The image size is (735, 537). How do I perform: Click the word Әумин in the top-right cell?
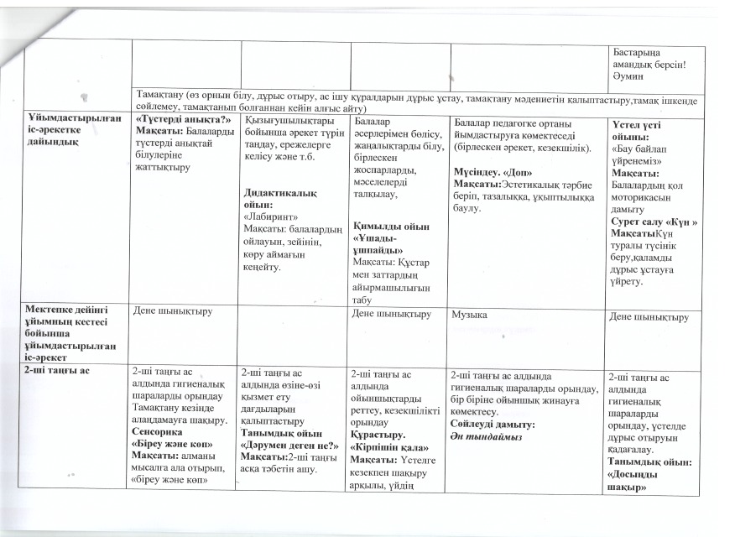coord(631,73)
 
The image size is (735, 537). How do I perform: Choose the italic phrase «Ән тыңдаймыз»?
coord(486,437)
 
